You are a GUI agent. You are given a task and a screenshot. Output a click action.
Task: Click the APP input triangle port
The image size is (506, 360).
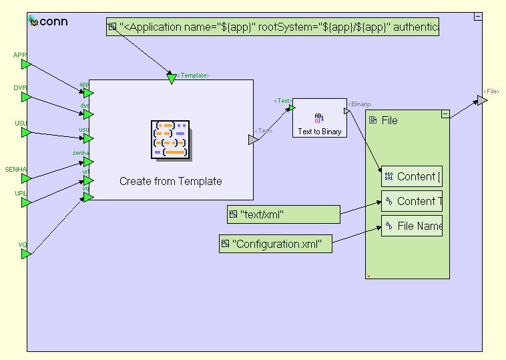pos(25,64)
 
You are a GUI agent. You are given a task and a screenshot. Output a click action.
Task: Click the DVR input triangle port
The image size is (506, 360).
pos(25,97)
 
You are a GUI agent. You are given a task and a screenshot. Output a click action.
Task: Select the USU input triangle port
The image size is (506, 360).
pos(25,132)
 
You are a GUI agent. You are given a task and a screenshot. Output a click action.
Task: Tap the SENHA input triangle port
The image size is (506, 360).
pos(25,178)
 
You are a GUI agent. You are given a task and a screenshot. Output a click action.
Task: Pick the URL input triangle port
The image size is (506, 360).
pos(25,202)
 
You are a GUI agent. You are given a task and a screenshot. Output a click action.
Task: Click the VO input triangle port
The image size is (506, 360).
pos(25,254)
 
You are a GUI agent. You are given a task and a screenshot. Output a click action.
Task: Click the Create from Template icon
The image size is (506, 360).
pos(170,140)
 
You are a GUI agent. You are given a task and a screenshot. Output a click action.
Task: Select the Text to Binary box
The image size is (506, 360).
pos(320,118)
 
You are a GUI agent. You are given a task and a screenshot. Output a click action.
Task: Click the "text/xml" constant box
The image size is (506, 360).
pos(284,214)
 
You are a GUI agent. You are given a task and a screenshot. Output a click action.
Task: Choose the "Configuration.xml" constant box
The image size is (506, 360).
pos(276,244)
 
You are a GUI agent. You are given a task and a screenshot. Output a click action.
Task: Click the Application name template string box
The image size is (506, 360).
pos(272,27)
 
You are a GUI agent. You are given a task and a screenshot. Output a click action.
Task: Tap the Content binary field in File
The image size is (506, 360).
pos(412,176)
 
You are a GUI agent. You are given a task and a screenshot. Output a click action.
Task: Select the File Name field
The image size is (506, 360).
pos(412,226)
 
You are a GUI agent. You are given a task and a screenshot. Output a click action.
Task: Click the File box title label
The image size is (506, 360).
pos(389,121)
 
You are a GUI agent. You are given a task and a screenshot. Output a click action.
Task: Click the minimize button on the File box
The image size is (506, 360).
pos(445,115)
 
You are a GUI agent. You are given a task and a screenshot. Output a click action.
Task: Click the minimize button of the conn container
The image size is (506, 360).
pos(478,16)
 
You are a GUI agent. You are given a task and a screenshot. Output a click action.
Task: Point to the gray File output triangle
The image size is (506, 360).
pos(482,100)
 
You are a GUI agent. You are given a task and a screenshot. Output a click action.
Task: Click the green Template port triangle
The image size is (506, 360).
pos(172,79)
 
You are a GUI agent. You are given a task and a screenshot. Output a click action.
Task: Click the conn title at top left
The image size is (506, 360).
pos(52,21)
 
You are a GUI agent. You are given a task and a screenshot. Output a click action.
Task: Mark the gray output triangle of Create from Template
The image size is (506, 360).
pos(253,140)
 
